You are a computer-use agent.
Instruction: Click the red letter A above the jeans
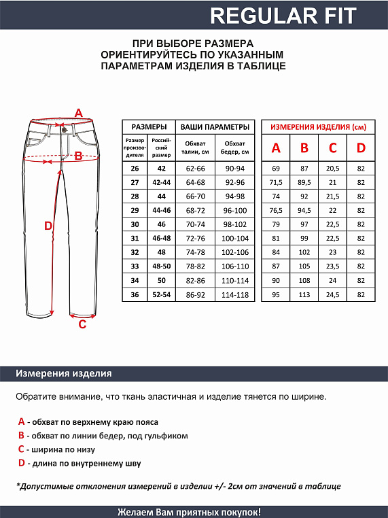(78, 113)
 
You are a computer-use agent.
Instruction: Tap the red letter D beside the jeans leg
(48, 226)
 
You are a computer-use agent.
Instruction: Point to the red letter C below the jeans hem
(82, 324)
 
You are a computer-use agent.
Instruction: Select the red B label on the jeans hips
(78, 156)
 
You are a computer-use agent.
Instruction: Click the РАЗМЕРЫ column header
(149, 127)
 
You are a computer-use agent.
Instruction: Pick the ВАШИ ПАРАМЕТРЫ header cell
(214, 127)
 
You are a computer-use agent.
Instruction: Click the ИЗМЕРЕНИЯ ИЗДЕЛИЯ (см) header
(318, 127)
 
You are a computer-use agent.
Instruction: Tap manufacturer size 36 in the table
(135, 295)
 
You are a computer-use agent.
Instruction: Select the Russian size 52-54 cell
(161, 295)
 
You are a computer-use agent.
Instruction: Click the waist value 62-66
(195, 168)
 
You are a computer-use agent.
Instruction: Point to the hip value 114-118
(234, 295)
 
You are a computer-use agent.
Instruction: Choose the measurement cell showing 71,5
(276, 182)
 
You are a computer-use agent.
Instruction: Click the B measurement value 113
(304, 295)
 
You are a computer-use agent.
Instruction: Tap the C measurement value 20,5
(333, 168)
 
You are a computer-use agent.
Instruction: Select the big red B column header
(304, 148)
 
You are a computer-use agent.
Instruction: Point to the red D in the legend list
(21, 463)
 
